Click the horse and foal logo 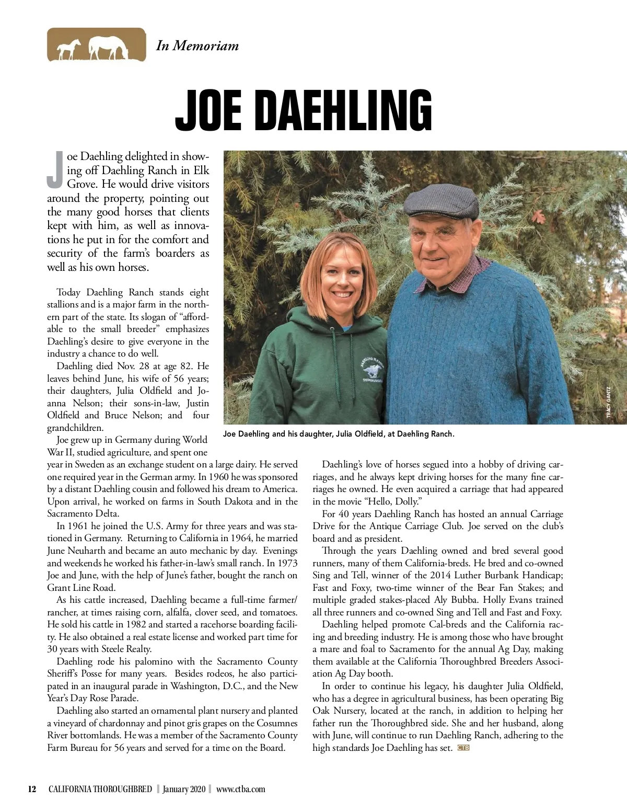coord(97,45)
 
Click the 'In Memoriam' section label coord(197,45)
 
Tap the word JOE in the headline coord(208,111)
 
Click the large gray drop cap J coord(55,170)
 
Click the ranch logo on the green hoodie coord(373,369)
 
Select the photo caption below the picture coord(339,434)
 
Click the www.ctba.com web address coord(240,789)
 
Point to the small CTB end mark coord(463,748)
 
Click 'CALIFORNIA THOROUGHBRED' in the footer coord(100,789)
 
